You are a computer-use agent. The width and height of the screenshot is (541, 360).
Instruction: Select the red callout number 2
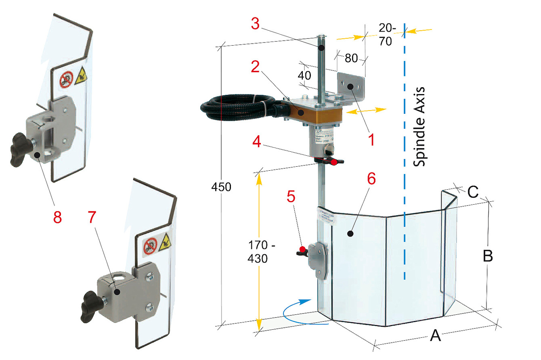[x=255, y=67]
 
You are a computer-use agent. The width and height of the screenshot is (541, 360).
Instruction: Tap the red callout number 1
[x=371, y=140]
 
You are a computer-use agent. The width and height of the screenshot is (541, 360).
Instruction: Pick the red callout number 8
[x=57, y=217]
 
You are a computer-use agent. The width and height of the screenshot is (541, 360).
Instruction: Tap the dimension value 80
[x=351, y=58]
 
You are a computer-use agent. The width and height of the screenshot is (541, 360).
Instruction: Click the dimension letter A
[x=435, y=335]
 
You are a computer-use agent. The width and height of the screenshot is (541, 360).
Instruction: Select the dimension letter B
[x=488, y=256]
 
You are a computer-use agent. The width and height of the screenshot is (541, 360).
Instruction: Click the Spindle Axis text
[x=419, y=127]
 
